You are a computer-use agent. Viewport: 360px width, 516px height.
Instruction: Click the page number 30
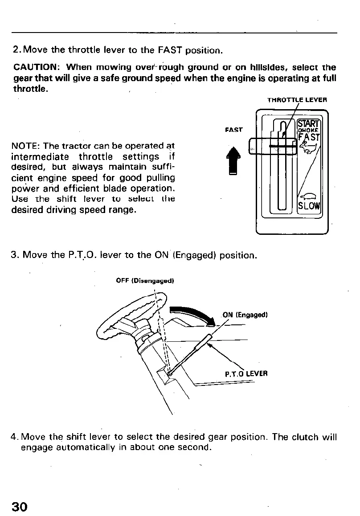(x=20, y=507)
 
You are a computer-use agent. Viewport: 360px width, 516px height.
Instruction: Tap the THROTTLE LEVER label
(x=297, y=100)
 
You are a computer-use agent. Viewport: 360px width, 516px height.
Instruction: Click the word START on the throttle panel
(x=308, y=123)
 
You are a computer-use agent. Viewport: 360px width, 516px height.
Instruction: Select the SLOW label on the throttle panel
(x=309, y=206)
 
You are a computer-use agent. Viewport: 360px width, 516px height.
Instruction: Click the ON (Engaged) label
(x=245, y=315)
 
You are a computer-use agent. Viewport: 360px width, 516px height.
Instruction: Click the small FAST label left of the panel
(x=233, y=130)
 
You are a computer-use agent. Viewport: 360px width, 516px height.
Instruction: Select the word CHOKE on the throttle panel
(x=308, y=131)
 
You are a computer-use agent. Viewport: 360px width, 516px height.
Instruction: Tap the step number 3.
(x=14, y=256)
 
